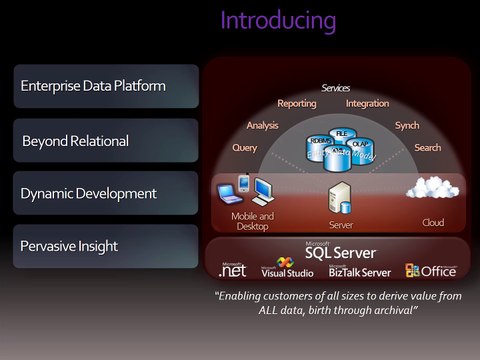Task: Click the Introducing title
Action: pyautogui.click(x=278, y=20)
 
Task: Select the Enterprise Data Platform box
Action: pyautogui.click(x=107, y=87)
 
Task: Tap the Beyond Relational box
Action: pyautogui.click(x=107, y=141)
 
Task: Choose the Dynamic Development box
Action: pyautogui.click(x=107, y=193)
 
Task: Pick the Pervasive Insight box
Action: pyautogui.click(x=107, y=246)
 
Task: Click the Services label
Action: pyautogui.click(x=336, y=88)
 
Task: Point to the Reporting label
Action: pyautogui.click(x=297, y=103)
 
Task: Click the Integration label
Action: pyautogui.click(x=368, y=103)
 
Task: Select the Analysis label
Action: pyautogui.click(x=262, y=125)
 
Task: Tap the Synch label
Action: pyautogui.click(x=407, y=125)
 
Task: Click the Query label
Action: pyautogui.click(x=245, y=148)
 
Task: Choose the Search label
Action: pyautogui.click(x=427, y=148)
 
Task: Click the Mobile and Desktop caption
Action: pyautogui.click(x=252, y=220)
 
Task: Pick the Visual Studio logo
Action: pyautogui.click(x=287, y=270)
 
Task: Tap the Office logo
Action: pyautogui.click(x=431, y=270)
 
